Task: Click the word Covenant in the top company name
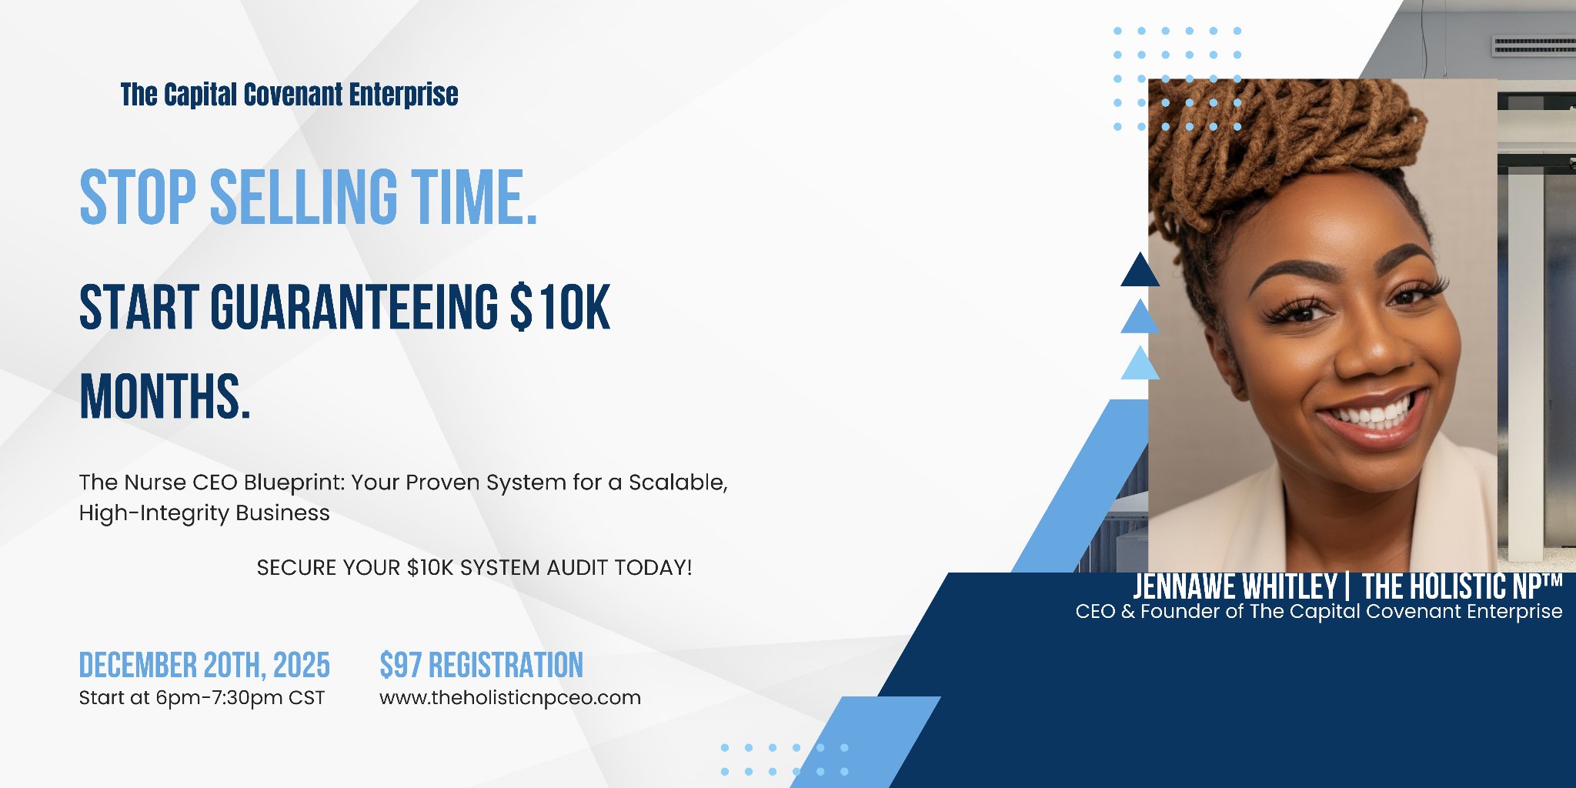point(293,95)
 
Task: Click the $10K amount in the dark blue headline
point(560,307)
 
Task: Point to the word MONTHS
point(165,396)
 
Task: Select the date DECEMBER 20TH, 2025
point(205,666)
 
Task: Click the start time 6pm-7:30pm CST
point(240,698)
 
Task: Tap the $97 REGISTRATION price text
point(482,666)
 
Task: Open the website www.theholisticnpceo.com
point(510,698)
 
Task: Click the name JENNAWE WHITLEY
point(1235,586)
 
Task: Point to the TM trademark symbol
point(1552,580)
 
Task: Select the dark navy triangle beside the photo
point(1140,269)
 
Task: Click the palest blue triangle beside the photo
point(1140,363)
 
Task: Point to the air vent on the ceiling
point(1534,46)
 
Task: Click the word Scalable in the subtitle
point(678,482)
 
